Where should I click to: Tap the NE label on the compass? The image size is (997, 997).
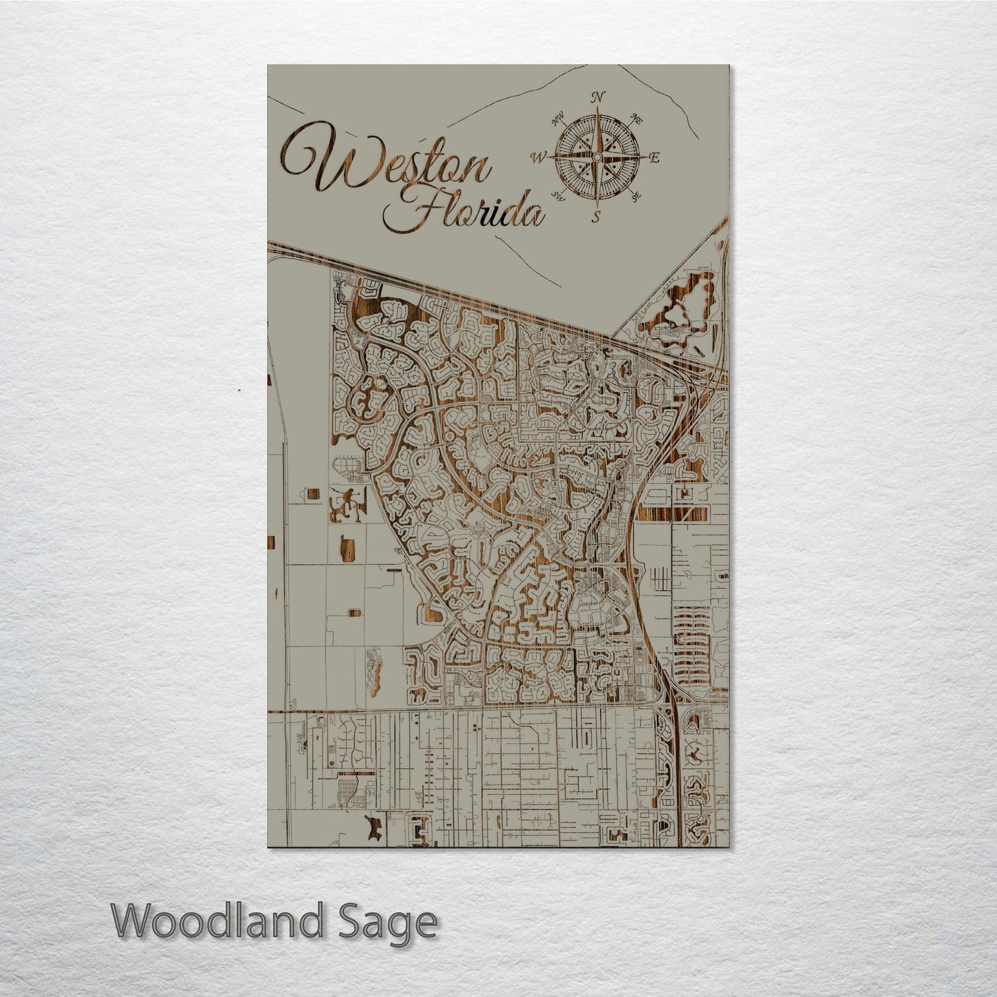tap(638, 119)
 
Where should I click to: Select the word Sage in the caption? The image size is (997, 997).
tap(396, 922)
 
